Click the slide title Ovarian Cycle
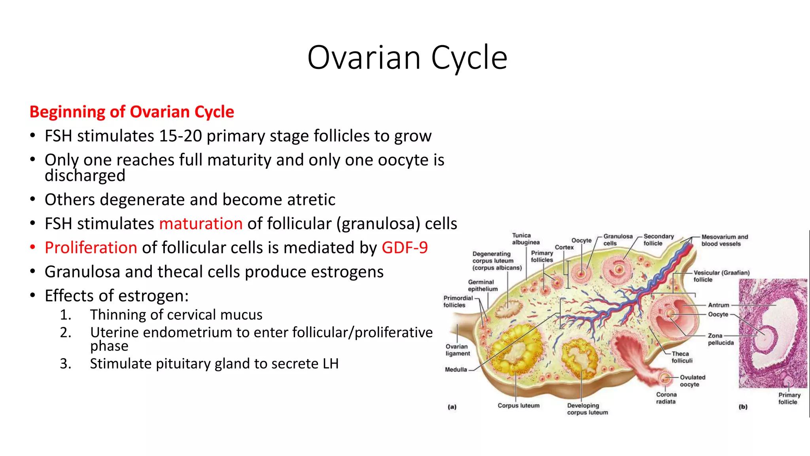tap(407, 58)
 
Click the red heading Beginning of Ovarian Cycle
tap(132, 112)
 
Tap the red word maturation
tap(201, 224)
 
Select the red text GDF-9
tap(405, 248)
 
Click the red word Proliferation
tap(91, 248)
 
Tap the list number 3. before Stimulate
tap(65, 364)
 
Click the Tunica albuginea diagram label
tap(525, 239)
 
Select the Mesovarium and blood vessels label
tap(724, 240)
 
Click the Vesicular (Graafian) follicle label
tap(721, 276)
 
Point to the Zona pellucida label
tap(720, 339)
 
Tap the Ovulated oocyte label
tap(692, 381)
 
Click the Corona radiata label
tap(666, 398)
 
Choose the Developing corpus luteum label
tap(587, 409)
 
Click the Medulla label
tap(456, 370)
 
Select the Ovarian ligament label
tap(457, 350)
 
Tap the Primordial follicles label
tap(458, 302)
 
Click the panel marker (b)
tap(743, 407)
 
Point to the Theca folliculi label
tap(681, 357)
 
